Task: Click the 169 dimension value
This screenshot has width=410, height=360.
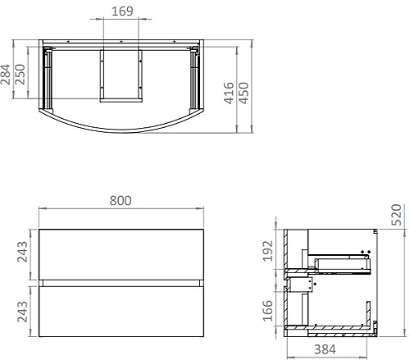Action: point(121,11)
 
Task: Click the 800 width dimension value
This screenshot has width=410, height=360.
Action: point(120,201)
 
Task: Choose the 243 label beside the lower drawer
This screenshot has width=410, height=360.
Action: point(24,312)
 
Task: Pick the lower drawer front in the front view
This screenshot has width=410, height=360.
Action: point(120,311)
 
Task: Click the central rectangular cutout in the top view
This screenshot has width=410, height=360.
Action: point(120,74)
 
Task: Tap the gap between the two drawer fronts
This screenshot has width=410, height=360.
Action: point(120,282)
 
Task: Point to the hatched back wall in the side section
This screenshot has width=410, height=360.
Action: point(285,283)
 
